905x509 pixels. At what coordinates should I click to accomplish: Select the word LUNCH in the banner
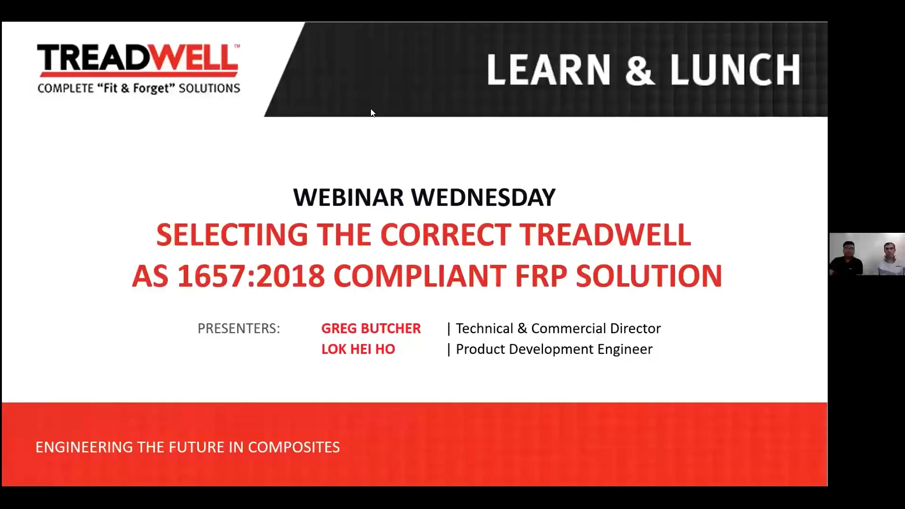(x=735, y=70)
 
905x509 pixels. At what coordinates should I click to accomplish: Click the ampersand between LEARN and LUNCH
(x=639, y=70)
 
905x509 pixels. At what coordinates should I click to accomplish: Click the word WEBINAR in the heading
(x=348, y=197)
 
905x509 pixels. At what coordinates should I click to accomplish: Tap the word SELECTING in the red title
(x=231, y=235)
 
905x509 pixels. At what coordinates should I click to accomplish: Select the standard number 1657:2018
(x=251, y=276)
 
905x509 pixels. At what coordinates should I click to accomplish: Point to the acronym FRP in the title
(x=541, y=276)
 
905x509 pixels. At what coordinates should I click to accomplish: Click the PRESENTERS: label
(x=239, y=328)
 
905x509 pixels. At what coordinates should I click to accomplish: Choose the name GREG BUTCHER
(x=371, y=328)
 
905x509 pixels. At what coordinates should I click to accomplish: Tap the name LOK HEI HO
(x=358, y=349)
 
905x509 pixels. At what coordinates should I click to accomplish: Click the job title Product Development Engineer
(x=554, y=349)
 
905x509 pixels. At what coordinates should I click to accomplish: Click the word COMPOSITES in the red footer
(x=294, y=447)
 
